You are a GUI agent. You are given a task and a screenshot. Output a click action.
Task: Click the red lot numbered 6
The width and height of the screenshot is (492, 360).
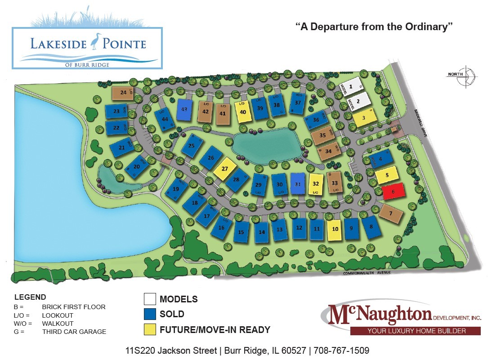[x=394, y=191]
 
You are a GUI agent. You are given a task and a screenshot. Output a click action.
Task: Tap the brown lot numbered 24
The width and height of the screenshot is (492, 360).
[x=122, y=93]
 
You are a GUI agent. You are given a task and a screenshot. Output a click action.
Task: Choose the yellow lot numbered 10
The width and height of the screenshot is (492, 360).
[x=335, y=229]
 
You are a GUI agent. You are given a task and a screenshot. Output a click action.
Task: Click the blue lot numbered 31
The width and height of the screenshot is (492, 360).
[x=297, y=184]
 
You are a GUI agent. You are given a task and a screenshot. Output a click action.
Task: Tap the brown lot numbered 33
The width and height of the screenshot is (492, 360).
[x=334, y=183]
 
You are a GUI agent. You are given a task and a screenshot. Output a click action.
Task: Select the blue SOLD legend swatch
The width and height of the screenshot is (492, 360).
[x=150, y=314]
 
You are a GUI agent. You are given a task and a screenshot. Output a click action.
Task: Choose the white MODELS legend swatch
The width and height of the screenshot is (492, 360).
[x=150, y=299]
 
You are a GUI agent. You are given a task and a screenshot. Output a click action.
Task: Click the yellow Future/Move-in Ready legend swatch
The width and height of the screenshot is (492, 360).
[x=150, y=329]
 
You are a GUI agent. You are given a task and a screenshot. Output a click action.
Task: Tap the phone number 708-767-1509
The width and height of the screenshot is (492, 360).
[x=341, y=350]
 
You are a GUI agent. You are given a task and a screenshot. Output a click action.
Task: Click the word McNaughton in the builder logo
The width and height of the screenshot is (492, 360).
[x=380, y=313]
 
